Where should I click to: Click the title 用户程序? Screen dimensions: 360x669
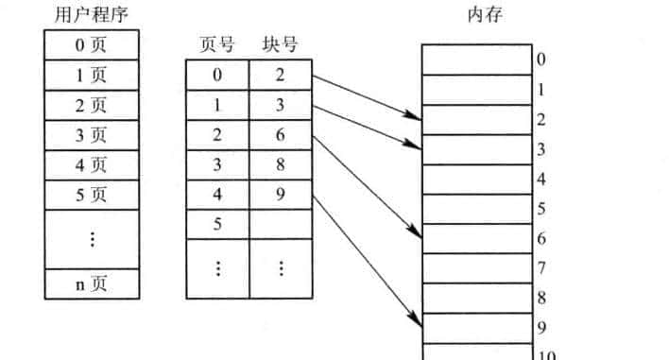click(91, 15)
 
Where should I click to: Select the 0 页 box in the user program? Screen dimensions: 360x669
click(92, 44)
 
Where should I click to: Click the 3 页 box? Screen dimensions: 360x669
click(92, 135)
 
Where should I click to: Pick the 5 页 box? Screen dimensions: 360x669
click(92, 196)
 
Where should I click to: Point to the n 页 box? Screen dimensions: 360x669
click(92, 284)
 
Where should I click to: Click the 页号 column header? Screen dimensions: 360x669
click(217, 44)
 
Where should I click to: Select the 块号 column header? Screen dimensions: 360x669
click(279, 44)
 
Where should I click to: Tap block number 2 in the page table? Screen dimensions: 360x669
click(280, 75)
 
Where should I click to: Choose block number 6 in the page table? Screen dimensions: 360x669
click(280, 135)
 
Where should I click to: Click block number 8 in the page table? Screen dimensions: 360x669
click(280, 165)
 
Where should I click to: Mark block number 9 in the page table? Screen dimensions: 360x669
click(280, 196)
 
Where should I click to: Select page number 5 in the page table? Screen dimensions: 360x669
click(217, 225)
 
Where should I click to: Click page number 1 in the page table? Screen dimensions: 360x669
click(217, 105)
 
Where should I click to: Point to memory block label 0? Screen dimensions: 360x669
click(540, 60)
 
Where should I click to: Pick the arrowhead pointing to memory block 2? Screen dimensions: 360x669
click(415, 116)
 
